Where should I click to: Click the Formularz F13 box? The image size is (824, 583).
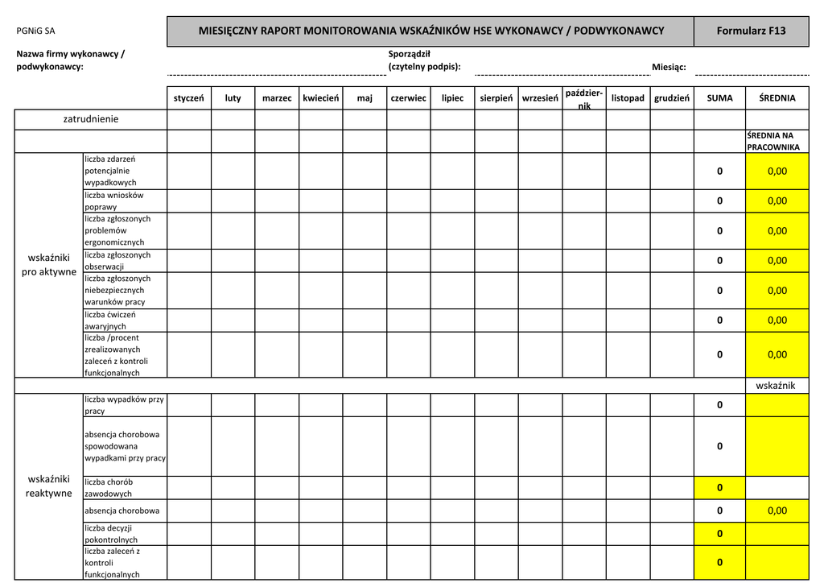coord(751,31)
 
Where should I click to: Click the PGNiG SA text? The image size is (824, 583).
coord(36,31)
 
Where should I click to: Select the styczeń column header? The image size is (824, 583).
coord(189,98)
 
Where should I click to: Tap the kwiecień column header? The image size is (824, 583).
coord(321,98)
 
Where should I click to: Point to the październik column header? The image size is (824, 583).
coord(583,99)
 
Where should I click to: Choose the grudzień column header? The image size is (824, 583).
coord(672,98)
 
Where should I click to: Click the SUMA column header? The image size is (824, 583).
coord(719,98)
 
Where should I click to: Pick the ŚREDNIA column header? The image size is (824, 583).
coord(777,98)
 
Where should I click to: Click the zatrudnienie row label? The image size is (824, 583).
coord(91,119)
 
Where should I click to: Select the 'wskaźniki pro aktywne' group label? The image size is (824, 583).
coord(49,265)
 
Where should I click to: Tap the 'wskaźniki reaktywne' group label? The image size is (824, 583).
coord(49,486)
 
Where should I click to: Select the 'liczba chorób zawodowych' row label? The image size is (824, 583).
coord(109,488)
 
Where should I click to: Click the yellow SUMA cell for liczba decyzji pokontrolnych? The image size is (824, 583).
coord(719,534)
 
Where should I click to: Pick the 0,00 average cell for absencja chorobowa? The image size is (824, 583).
coord(777,511)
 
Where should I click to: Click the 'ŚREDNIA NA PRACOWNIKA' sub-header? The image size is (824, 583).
coord(773,142)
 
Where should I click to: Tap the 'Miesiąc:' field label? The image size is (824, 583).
coord(669,67)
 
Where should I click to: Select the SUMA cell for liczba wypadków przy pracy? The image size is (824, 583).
coord(719,405)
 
